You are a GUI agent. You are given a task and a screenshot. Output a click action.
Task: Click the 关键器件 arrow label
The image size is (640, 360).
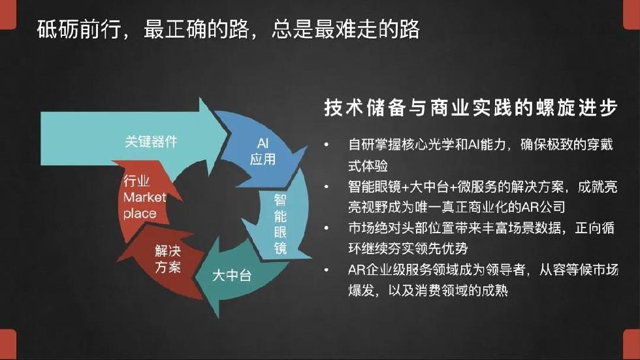[x=151, y=142]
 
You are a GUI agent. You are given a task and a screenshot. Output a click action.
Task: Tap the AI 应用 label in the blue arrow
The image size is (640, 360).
[x=263, y=151]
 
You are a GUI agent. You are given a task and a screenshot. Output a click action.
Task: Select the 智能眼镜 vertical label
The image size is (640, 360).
[x=280, y=224]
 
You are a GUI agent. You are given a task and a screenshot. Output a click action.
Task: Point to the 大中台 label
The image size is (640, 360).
[x=231, y=276]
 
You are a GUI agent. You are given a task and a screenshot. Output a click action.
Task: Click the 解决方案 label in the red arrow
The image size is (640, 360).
[x=168, y=259]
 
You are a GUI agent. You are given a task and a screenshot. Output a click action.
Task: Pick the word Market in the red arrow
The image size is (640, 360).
[x=145, y=197]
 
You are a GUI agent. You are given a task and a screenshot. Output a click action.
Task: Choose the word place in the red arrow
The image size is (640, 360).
[x=140, y=214]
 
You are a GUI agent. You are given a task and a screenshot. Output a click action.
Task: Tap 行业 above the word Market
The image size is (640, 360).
[x=136, y=181]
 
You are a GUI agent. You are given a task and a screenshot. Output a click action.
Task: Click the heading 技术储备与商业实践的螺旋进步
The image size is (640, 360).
[x=471, y=108]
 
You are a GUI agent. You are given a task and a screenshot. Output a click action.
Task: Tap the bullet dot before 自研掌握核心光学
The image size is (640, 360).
[x=326, y=144]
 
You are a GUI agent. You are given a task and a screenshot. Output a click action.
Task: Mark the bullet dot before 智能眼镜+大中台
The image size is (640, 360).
[x=326, y=187]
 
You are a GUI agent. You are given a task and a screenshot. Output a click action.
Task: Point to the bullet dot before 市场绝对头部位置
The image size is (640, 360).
[x=326, y=228]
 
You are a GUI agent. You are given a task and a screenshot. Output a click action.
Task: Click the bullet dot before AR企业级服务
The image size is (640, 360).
[x=326, y=270]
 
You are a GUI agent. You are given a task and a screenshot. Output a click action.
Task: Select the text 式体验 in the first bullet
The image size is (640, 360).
[x=368, y=166]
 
